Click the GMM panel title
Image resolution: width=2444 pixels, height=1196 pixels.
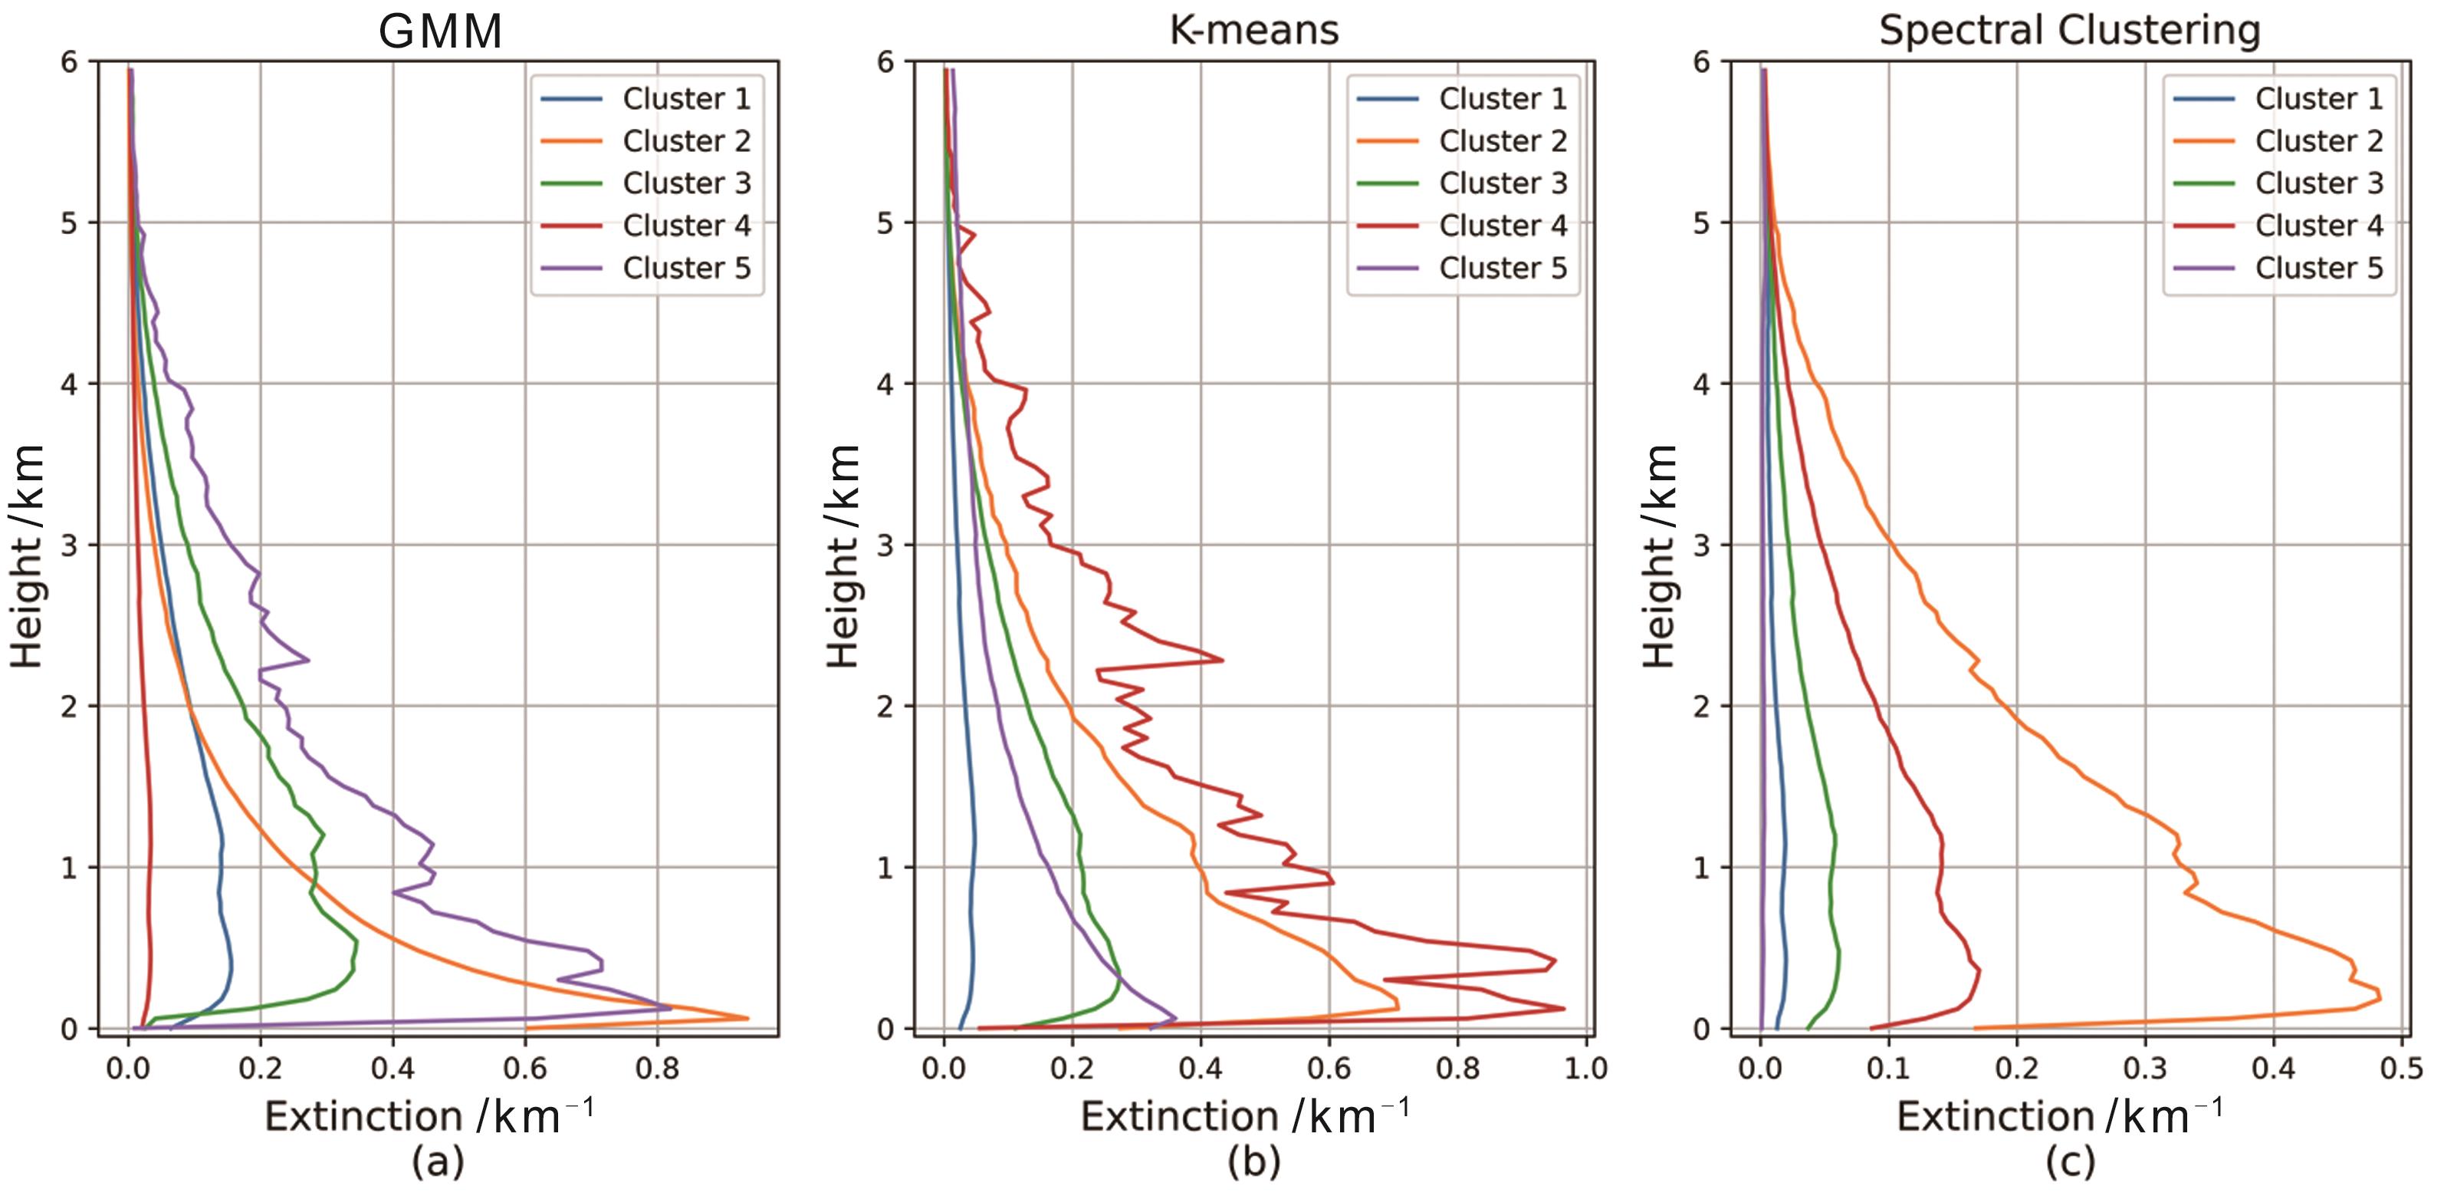(x=440, y=31)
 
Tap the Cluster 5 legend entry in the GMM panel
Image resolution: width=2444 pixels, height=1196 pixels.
(x=686, y=268)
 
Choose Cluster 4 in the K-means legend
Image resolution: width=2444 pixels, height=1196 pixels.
(x=1502, y=225)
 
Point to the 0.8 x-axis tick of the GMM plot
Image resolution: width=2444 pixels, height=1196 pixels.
(x=658, y=1069)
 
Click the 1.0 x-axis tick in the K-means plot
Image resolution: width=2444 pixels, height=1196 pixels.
(x=1585, y=1069)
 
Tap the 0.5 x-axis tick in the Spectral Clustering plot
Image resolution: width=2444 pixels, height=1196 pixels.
(x=2401, y=1069)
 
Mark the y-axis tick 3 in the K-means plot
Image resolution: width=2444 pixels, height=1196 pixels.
(x=885, y=545)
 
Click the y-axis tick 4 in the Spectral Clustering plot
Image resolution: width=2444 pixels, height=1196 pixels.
(x=1701, y=384)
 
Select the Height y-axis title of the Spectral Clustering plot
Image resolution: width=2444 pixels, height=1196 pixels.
(x=1660, y=555)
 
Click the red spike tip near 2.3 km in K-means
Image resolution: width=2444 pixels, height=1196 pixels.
(x=1222, y=660)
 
